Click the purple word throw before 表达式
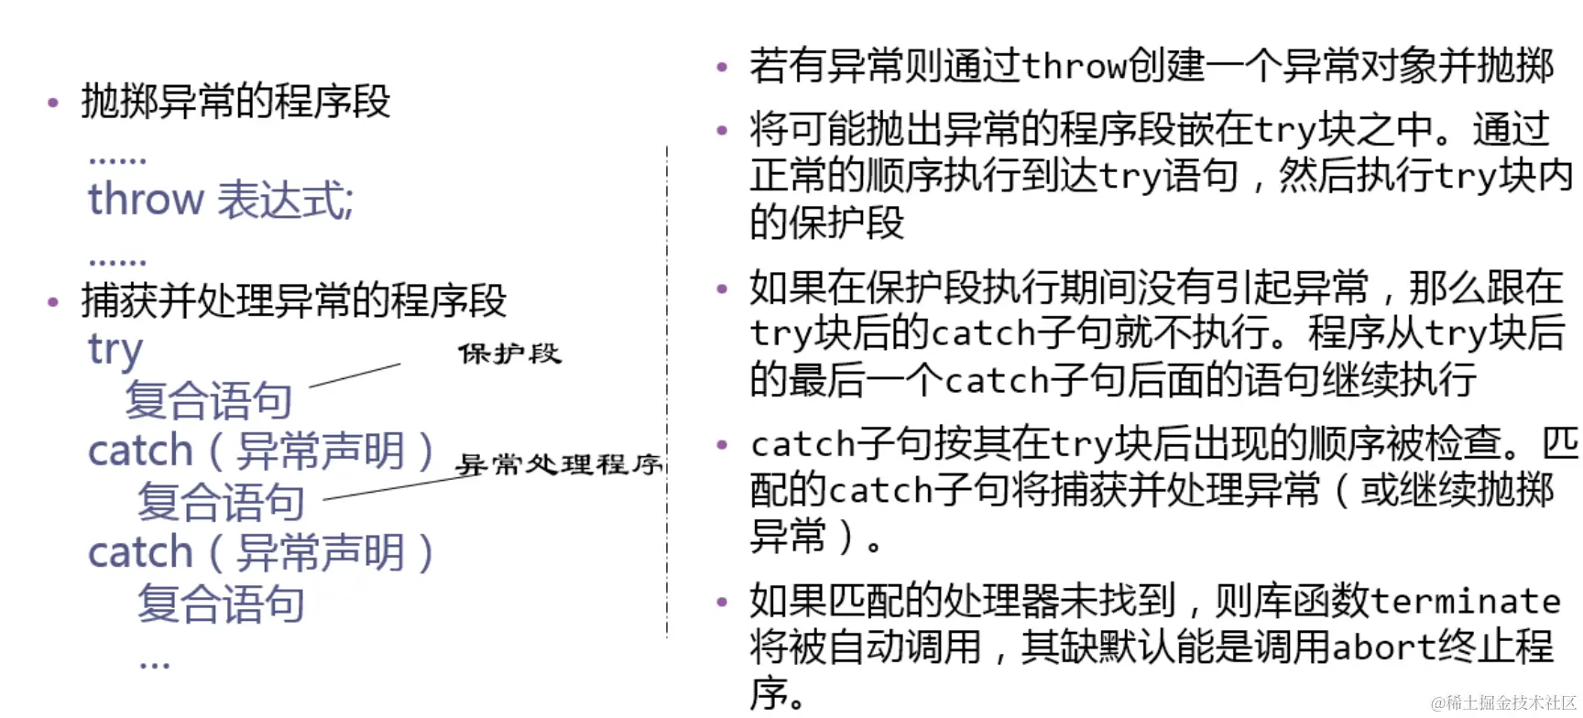click(145, 199)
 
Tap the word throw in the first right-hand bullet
click(1073, 66)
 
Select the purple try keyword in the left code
click(115, 349)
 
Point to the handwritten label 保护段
click(509, 354)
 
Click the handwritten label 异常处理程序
click(559, 464)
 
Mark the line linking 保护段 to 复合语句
click(355, 375)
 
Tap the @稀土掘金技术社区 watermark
click(1503, 702)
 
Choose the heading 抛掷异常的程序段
click(235, 101)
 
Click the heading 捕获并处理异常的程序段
click(293, 299)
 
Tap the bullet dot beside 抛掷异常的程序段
click(53, 103)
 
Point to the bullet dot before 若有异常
click(722, 67)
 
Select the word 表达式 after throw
click(284, 199)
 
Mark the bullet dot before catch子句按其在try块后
click(722, 445)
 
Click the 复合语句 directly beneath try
click(208, 400)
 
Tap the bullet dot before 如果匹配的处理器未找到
click(722, 602)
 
